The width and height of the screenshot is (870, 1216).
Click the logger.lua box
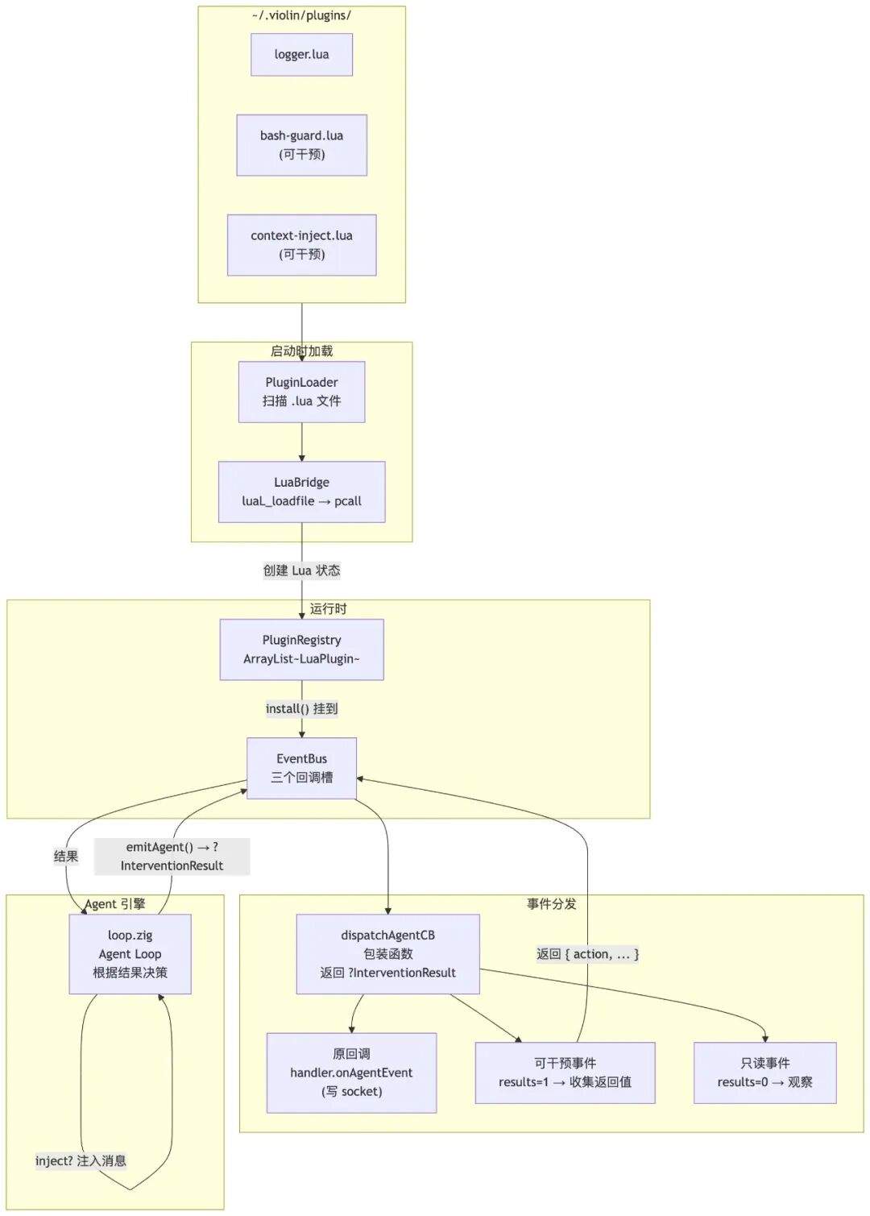pos(301,54)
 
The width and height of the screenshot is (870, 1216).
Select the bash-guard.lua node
pos(301,145)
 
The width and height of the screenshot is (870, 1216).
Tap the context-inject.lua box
pos(301,245)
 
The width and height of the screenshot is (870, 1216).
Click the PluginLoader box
pos(301,392)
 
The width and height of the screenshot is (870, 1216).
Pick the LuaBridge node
pos(301,492)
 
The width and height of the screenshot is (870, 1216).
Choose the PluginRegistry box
pos(301,650)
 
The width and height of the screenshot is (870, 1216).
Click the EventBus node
pos(301,768)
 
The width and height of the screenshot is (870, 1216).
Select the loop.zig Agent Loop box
pos(130,954)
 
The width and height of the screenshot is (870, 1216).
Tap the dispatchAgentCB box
pos(387,954)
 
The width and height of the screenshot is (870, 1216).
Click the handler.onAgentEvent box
pos(351,1073)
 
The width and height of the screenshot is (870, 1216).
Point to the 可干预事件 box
pos(565,1073)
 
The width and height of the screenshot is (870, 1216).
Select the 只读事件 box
pos(764,1073)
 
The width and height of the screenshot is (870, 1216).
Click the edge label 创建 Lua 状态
pos(301,571)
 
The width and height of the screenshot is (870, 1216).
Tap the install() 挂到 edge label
pos(301,709)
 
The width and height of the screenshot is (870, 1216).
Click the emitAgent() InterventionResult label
pos(172,856)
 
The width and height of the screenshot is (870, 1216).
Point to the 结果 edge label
pos(66,856)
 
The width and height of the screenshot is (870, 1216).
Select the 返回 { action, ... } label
pos(587,954)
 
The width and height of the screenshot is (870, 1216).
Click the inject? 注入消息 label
pos(81,1160)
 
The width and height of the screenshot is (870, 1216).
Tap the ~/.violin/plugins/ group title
pos(301,15)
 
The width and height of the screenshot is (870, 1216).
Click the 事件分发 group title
pos(552,904)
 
